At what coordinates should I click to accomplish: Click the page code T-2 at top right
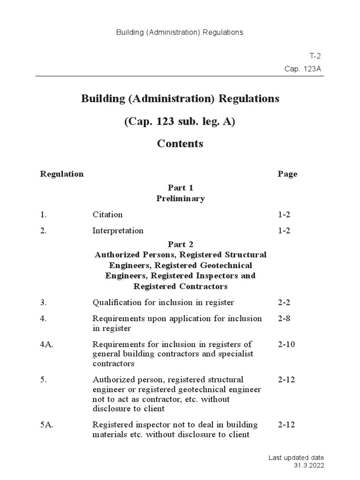pos(315,56)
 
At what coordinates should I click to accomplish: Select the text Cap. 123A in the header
pos(303,69)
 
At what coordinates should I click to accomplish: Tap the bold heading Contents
pos(180,143)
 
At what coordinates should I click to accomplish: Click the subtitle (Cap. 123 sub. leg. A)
pos(180,121)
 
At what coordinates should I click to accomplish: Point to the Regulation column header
pos(62,174)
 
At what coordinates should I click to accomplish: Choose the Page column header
pos(287,174)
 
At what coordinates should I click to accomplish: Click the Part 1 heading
pos(180,187)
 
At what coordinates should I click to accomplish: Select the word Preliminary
pos(180,198)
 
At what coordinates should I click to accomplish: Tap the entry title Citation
pos(107,215)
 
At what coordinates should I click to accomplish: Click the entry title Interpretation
pos(118,231)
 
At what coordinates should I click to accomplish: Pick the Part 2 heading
pos(180,244)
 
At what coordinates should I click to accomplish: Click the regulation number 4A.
pos(46,345)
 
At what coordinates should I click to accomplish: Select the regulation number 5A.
pos(46,425)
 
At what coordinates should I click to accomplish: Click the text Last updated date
pos(296,457)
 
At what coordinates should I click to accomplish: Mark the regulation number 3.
pos(43,302)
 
